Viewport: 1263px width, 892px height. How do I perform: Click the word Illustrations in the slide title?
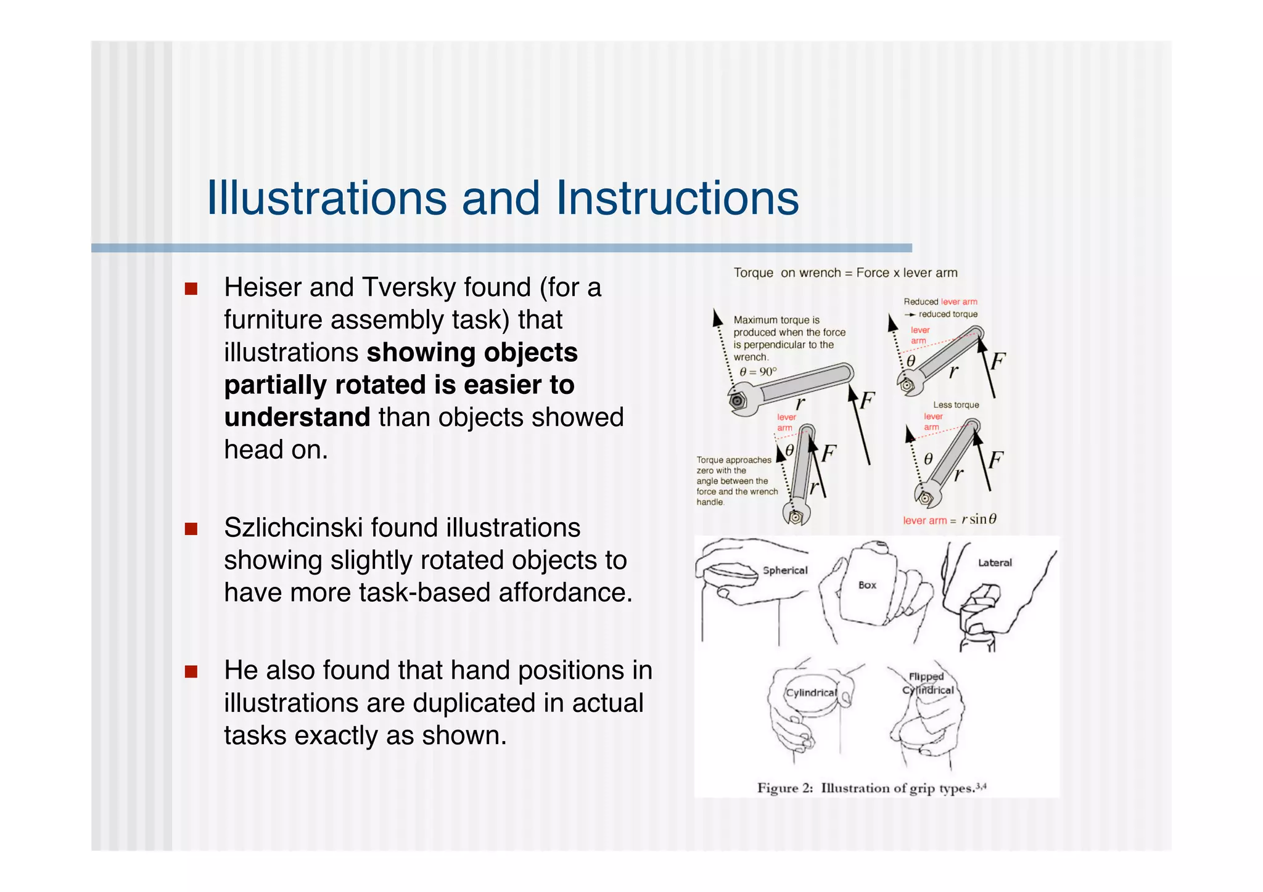click(327, 198)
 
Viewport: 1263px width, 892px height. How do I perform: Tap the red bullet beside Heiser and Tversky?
click(191, 288)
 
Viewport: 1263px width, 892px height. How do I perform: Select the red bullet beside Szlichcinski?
click(191, 529)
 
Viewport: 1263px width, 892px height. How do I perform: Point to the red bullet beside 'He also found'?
click(191, 671)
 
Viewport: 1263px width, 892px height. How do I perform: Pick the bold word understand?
click(297, 417)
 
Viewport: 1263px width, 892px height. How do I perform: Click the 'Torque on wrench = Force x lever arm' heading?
click(845, 273)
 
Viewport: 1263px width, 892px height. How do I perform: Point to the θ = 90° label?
click(758, 372)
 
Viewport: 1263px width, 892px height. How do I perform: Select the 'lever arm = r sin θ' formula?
click(949, 520)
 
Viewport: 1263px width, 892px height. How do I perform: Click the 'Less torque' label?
click(955, 405)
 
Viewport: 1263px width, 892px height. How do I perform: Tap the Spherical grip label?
click(784, 570)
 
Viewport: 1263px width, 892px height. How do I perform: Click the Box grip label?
click(867, 585)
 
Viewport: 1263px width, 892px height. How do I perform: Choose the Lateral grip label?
click(994, 563)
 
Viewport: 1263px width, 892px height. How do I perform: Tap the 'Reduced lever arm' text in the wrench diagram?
click(940, 301)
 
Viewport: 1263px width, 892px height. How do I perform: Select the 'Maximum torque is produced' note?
click(788, 338)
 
